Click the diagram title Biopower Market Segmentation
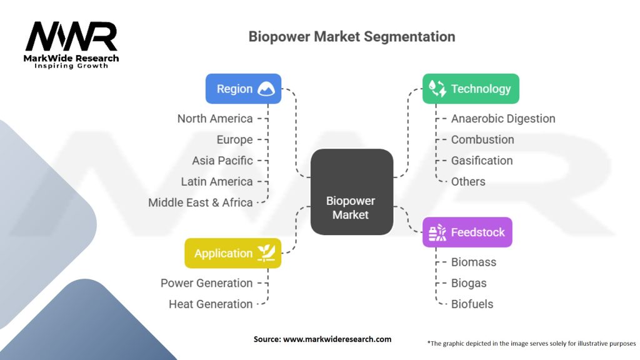pos(352,36)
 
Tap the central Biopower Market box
pos(351,192)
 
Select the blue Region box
pos(243,89)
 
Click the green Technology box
pos(471,89)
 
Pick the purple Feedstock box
pos(467,232)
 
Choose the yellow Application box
pos(232,253)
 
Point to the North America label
pos(215,119)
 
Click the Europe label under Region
pos(234,139)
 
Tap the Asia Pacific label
pos(222,161)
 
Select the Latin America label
pos(217,181)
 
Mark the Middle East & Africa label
pos(201,202)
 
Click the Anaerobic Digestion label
pos(503,119)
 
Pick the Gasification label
pos(482,161)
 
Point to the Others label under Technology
pos(468,181)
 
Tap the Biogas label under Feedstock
pos(469,283)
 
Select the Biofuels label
pos(472,304)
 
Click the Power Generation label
pos(206,283)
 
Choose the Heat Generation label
pos(211,304)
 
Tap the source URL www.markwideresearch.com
pos(337,339)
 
